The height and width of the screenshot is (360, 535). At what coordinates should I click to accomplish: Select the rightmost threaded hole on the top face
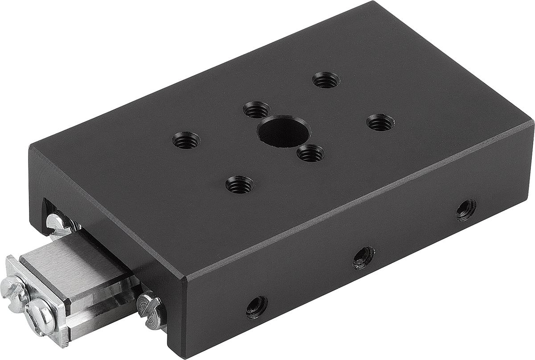[x=380, y=122]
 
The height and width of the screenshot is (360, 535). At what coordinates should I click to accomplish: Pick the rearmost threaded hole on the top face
[x=326, y=80]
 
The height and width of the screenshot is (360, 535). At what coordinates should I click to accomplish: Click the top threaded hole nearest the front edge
[x=239, y=184]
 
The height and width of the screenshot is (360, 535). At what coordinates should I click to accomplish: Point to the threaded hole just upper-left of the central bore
[x=257, y=110]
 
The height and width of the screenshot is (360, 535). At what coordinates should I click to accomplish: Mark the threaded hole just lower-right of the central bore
[x=310, y=154]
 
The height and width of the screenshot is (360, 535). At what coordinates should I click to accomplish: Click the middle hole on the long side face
[x=364, y=257]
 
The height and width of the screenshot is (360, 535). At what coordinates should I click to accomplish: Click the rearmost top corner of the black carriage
[x=372, y=2]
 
